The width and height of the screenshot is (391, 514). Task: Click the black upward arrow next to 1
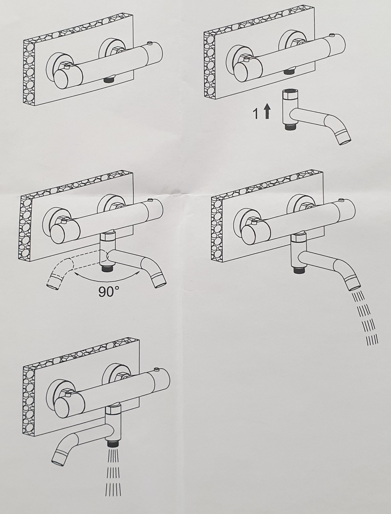coord(267,112)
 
